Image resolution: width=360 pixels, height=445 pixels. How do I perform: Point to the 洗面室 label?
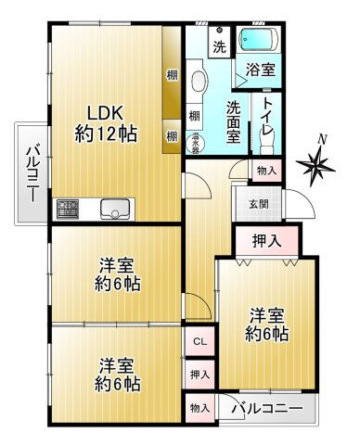click(x=238, y=118)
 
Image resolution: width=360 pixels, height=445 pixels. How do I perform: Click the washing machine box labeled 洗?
click(x=219, y=44)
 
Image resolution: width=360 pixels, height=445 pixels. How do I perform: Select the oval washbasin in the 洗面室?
click(x=197, y=83)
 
